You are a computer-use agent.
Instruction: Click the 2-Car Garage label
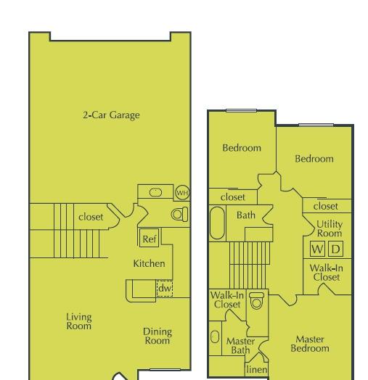111,115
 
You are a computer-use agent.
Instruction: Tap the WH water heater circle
182,193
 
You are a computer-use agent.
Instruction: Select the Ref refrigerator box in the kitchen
150,238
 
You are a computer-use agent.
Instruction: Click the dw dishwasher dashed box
165,289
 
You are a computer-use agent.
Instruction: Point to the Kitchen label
150,263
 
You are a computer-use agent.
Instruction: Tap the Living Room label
79,321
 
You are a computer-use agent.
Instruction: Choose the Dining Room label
158,336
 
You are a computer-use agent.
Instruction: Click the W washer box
317,249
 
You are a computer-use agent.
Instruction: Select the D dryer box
336,249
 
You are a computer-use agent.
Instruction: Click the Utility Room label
330,228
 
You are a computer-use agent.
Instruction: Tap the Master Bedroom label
310,344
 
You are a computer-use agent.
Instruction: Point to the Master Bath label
240,346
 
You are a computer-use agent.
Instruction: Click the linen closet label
257,369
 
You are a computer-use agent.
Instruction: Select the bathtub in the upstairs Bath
217,223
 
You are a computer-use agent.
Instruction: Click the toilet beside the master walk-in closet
256,300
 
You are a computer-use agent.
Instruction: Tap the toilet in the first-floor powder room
179,214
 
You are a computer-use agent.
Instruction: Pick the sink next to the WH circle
155,192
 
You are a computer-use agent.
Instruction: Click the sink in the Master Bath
215,336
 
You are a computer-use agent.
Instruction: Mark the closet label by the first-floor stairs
91,217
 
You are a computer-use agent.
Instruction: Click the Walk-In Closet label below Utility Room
327,273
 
